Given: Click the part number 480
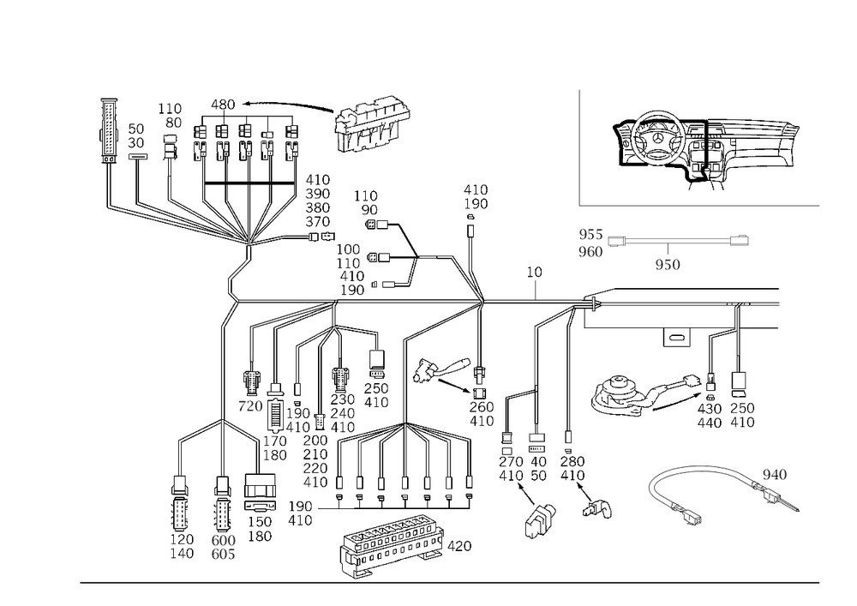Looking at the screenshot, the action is [223, 105].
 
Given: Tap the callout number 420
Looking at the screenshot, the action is [459, 546].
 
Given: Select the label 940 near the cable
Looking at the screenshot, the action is [775, 474].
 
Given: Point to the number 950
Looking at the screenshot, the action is [668, 265].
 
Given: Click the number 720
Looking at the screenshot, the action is [250, 406].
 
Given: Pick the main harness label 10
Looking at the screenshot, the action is [534, 272].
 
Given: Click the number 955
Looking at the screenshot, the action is [590, 234].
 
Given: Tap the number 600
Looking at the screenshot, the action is [223, 540].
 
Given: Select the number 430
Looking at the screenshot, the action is [710, 408].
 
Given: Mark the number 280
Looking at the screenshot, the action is [572, 461].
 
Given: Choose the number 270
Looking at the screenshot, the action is [511, 461].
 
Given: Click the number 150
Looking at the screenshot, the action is [261, 522].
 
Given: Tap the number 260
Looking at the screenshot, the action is [482, 407].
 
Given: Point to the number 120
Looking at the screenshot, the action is [182, 539].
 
